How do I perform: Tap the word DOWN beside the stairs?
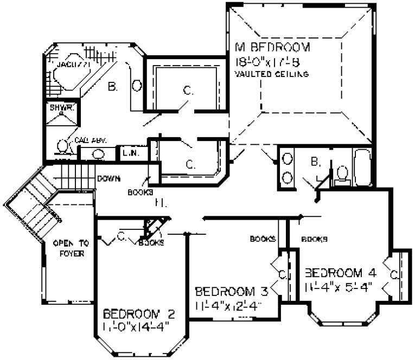tap(108, 178)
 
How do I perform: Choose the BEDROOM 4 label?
tap(341, 271)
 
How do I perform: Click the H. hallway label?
tap(159, 203)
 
